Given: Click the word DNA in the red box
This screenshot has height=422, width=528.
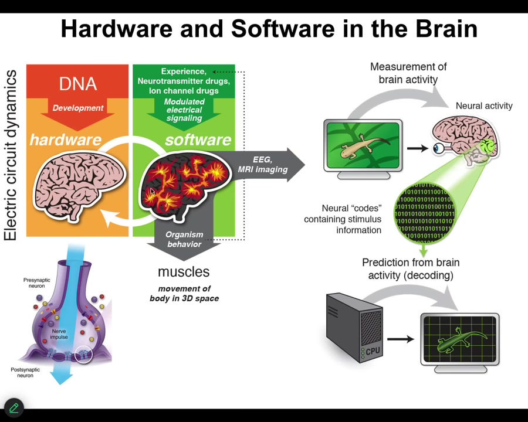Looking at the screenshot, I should click(77, 84).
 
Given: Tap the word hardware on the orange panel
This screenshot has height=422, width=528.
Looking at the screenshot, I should click(65, 139).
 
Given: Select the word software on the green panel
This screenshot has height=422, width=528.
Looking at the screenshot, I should click(198, 139).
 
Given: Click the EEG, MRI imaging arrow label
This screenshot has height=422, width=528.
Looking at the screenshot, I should click(262, 165).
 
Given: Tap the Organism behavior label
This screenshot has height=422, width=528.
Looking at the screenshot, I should click(184, 239).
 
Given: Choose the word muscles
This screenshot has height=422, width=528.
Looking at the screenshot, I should click(184, 272).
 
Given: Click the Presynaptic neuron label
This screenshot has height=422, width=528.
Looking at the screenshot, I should click(36, 283).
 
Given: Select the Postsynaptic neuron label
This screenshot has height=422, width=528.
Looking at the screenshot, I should click(25, 372).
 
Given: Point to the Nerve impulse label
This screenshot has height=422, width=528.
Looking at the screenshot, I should click(59, 334).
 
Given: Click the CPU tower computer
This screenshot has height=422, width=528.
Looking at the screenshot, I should click(354, 328).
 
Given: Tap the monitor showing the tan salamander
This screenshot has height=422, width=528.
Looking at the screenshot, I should click(363, 145).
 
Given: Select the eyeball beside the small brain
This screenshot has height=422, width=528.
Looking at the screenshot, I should click(439, 148).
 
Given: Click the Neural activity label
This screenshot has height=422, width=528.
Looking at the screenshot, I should click(484, 105).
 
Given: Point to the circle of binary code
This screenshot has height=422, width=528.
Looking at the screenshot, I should click(424, 211).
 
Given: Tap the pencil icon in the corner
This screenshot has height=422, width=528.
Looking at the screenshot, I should click(13, 407).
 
